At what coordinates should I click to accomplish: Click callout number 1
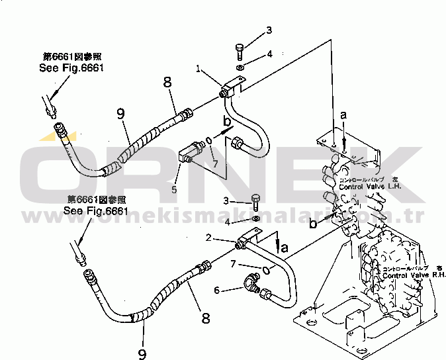(198, 68)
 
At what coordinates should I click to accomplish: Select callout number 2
(208, 238)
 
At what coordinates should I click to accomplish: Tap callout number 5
(174, 190)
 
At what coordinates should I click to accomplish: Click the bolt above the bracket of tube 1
(240, 50)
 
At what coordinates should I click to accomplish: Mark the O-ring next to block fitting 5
(209, 140)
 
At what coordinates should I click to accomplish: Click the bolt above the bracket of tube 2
(255, 202)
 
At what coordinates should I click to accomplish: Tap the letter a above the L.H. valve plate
(343, 115)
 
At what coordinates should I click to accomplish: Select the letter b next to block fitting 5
(226, 121)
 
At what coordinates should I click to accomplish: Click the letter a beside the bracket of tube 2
(285, 247)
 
